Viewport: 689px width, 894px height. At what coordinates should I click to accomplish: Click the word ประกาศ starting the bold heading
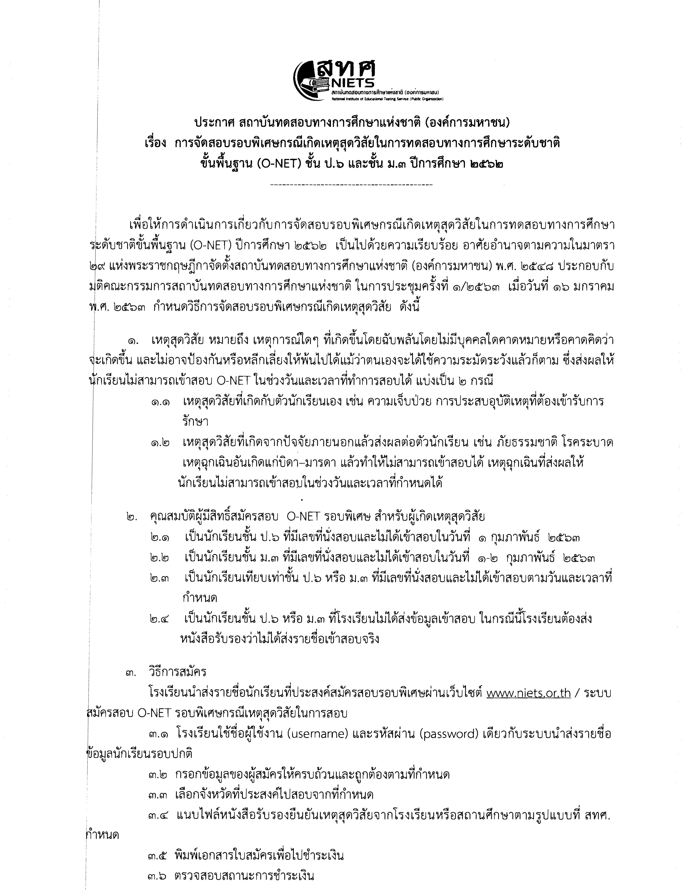pos(213,122)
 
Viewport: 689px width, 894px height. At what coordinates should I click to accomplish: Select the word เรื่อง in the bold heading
pos(156,143)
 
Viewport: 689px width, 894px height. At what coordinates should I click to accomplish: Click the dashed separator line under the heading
pos(351,185)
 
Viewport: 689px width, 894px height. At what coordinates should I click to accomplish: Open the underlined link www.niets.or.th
pos(528,693)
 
